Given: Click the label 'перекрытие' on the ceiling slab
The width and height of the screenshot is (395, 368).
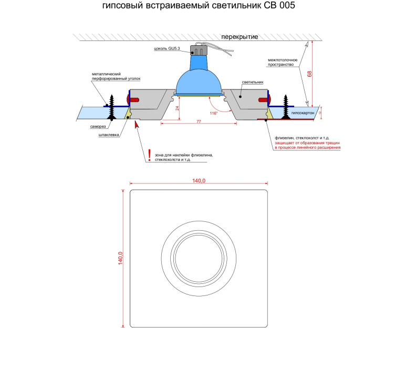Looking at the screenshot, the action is tap(240, 37).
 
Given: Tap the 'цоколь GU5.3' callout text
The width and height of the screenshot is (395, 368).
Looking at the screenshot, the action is tap(167, 48).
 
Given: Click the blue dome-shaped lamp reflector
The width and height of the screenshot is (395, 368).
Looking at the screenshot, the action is tap(199, 80).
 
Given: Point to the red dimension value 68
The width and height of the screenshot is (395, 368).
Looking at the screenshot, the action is tap(309, 74).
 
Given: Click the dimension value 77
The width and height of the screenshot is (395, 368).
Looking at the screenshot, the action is tap(199, 121).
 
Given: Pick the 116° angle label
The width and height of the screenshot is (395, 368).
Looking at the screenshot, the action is tap(214, 113).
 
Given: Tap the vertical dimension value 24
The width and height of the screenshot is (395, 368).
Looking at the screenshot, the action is tap(178, 108).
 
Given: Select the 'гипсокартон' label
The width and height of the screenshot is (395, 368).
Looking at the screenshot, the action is tap(303, 113).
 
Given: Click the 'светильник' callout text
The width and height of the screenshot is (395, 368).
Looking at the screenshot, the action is tap(253, 82).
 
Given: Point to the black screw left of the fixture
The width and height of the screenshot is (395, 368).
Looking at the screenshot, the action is tap(111, 107).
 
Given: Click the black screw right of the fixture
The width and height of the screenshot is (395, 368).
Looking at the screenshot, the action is tap(286, 107).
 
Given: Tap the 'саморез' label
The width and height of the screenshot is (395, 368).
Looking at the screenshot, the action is tap(98, 127).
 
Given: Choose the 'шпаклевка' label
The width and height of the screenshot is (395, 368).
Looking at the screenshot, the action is tap(109, 135).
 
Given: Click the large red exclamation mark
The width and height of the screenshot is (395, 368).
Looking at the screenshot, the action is tap(149, 155).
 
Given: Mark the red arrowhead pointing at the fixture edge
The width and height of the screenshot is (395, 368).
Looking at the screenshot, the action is tap(137, 125).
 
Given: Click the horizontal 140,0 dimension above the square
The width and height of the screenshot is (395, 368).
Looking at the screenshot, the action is tap(199, 181).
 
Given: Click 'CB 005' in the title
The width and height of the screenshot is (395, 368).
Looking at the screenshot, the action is tap(279, 5).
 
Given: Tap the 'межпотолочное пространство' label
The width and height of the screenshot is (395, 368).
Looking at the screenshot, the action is tap(283, 62).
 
